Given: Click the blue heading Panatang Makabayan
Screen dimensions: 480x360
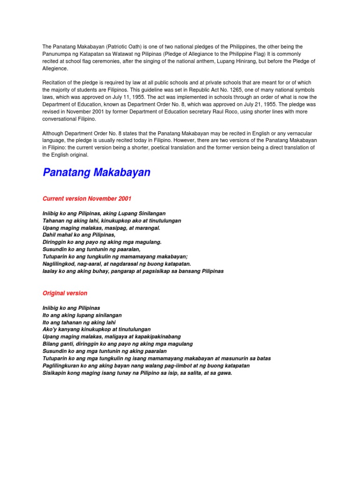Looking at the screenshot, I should (97, 172).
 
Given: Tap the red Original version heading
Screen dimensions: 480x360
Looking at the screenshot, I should (65, 293).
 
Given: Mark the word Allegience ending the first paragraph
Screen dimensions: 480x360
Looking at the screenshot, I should (55, 68).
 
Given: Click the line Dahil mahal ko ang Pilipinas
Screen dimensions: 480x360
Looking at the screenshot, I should (78, 234).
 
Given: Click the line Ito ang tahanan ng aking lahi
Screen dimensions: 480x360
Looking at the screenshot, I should (79, 322).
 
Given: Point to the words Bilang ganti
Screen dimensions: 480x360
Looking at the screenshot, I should (57, 344).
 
